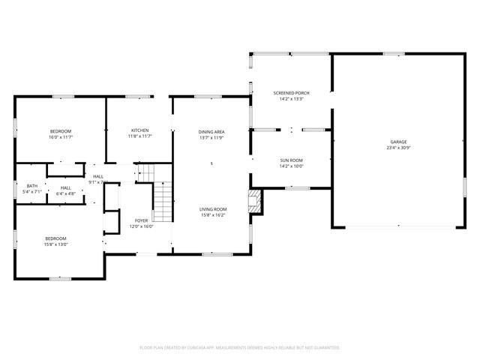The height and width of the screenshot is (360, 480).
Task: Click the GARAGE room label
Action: click(x=397, y=142)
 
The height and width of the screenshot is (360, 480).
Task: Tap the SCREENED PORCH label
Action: click(x=291, y=93)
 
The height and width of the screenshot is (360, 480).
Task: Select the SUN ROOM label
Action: click(x=291, y=160)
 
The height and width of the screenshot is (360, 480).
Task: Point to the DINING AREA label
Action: click(x=212, y=132)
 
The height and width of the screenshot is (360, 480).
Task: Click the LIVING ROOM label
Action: click(x=212, y=209)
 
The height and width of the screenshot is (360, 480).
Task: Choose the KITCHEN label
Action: click(x=139, y=130)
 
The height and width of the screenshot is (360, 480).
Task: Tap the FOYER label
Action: click(x=141, y=220)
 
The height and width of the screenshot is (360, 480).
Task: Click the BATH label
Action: click(x=32, y=186)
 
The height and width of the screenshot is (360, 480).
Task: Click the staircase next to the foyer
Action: click(x=163, y=201)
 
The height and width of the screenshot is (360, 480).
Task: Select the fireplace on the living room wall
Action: click(x=256, y=200)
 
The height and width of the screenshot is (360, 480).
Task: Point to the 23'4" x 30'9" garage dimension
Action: click(x=397, y=148)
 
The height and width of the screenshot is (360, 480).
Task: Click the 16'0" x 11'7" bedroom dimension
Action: click(x=61, y=137)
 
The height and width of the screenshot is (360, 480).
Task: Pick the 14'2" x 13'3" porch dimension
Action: click(x=291, y=99)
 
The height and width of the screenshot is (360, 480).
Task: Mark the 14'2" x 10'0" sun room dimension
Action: click(x=291, y=166)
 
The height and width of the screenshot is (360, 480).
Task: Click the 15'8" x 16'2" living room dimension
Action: click(x=212, y=215)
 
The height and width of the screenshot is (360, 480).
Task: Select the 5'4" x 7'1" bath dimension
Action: click(x=32, y=192)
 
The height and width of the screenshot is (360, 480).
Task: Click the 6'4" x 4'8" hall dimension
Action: click(x=66, y=193)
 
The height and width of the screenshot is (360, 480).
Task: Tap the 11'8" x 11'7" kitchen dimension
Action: click(x=139, y=136)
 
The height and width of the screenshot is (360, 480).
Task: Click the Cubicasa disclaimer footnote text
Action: click(x=240, y=347)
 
